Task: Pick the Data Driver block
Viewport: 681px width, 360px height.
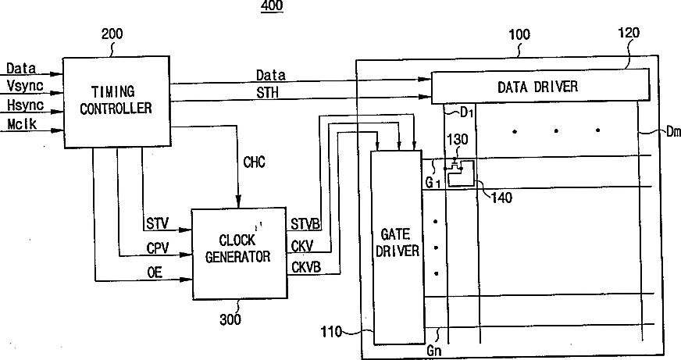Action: coord(538,86)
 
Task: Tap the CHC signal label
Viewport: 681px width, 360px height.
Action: coord(255,162)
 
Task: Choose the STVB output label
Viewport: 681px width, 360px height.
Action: coord(305,226)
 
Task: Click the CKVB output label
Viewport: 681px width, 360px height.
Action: coord(305,267)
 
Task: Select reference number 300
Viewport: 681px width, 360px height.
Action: coord(230,319)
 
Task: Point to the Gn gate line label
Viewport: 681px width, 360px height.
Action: coord(436,351)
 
